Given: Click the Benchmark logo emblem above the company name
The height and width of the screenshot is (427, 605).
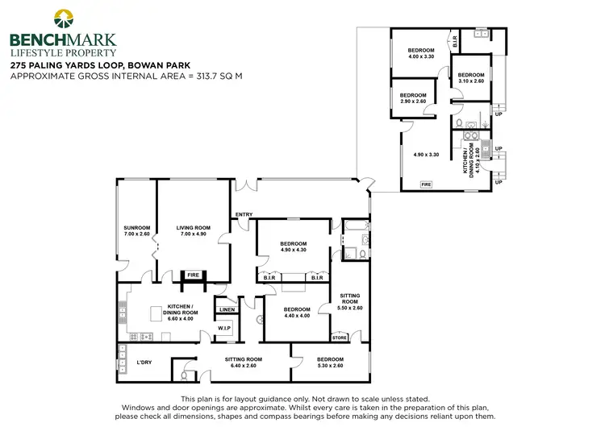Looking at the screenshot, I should tap(62, 19).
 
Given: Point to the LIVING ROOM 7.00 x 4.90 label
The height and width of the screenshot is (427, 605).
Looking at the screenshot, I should tap(193, 232).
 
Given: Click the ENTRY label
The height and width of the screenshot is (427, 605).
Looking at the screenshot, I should tap(244, 213).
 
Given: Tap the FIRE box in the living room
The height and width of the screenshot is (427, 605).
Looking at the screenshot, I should tap(193, 275).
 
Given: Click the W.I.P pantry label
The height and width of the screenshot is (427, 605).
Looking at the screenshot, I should tap(224, 328).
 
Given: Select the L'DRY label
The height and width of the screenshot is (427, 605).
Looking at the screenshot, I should tap(145, 362).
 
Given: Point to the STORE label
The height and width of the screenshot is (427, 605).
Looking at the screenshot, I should tap(340, 338).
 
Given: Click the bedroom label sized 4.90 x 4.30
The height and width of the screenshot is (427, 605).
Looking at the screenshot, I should tap(293, 247).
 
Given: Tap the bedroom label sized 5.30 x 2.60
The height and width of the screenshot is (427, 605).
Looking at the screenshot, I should tap(329, 363).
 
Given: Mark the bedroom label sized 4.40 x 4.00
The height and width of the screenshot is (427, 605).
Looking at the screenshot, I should tap(296, 313).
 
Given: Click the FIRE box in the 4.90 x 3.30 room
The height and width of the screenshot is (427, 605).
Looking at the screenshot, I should tap(425, 184).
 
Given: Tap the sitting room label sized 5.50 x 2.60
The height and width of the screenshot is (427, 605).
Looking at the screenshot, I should tap(350, 303).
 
